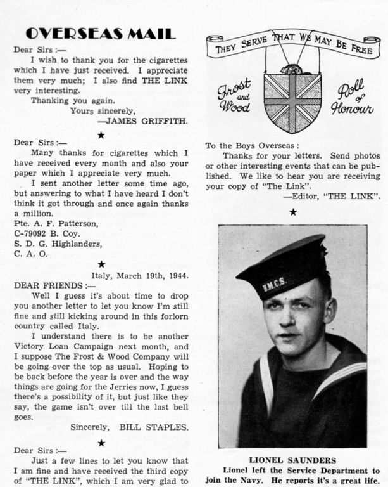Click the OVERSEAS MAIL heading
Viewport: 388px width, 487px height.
(x=101, y=34)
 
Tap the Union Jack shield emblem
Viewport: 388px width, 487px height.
(x=292, y=101)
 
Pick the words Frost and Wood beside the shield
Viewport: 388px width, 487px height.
(x=234, y=96)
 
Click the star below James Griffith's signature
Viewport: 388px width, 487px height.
(x=101, y=134)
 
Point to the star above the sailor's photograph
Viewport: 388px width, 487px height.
(x=292, y=212)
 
